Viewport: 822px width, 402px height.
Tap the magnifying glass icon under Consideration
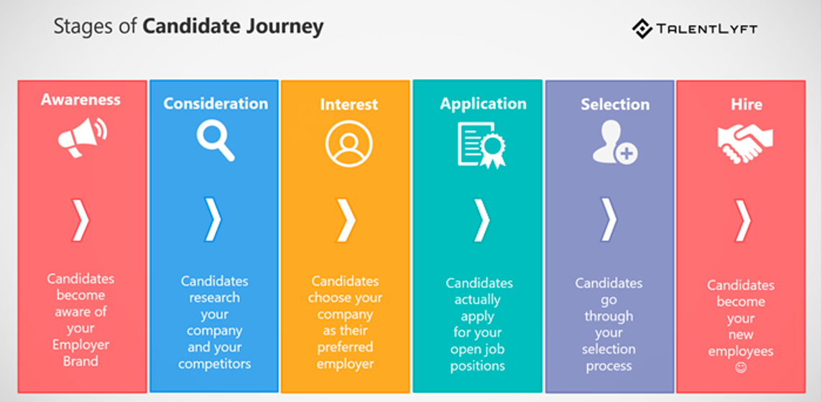click(215, 141)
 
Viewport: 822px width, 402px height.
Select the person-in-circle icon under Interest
click(348, 144)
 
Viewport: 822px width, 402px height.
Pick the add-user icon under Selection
click(614, 141)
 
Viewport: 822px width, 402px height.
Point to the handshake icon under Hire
click(745, 142)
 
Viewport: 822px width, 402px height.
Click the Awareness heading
click(80, 100)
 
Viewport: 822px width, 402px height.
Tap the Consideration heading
click(216, 103)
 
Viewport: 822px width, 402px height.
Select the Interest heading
click(348, 104)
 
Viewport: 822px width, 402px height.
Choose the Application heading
click(483, 103)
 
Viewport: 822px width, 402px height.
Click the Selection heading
click(615, 104)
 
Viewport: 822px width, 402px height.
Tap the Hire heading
click(746, 104)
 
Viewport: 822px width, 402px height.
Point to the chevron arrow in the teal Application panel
click(481, 220)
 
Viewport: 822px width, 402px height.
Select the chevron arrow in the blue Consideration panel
click(213, 220)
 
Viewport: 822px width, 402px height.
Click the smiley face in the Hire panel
click(741, 368)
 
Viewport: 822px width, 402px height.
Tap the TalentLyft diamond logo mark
click(642, 29)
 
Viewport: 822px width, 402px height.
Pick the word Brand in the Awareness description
click(80, 361)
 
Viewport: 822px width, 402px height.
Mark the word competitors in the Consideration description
click(214, 363)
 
